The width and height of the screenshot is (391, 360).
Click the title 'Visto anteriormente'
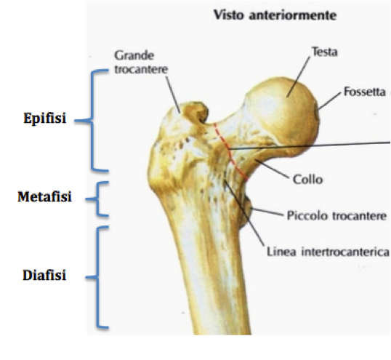pos(275,15)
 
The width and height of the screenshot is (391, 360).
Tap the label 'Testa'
pos(325,52)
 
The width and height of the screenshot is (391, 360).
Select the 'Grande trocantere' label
pos(141,62)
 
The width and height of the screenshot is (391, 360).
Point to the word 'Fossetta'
pos(365,92)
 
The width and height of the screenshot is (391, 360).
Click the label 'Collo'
pos(307,180)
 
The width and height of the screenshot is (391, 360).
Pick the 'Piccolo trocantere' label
pos(336,215)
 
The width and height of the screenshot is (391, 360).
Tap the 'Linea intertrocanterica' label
pos(328,252)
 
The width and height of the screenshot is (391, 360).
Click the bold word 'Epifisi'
pos(45,118)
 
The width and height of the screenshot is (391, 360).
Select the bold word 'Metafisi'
pos(44,196)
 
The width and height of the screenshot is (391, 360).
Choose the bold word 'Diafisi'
pos(44,276)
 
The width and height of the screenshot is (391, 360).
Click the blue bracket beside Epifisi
pos(92,121)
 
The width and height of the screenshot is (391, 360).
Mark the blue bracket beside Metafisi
pos(97,199)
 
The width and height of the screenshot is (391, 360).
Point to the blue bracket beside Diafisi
pos(97,277)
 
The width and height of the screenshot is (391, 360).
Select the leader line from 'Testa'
pos(299,77)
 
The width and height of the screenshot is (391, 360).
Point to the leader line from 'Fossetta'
pos(329,100)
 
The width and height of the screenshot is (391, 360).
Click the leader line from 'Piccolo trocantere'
pos(267,211)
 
